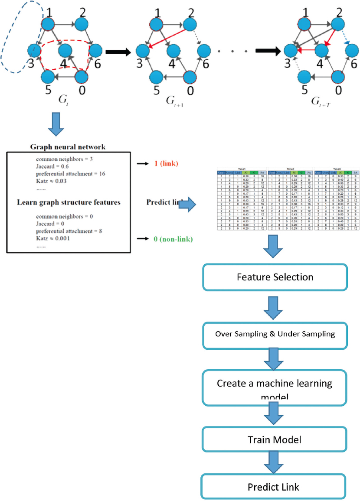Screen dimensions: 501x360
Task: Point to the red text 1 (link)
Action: coord(163,163)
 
